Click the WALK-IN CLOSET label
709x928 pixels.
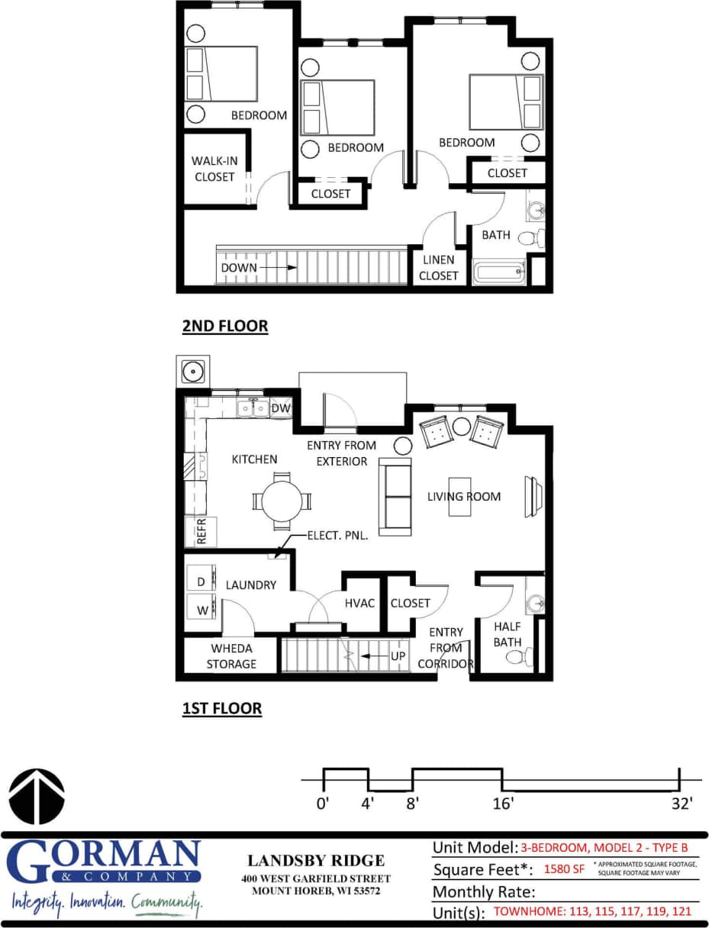[214, 169]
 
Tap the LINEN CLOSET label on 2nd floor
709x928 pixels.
[438, 268]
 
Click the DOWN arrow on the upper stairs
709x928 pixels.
[292, 268]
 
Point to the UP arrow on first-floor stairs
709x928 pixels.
[373, 656]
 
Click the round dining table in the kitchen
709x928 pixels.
[282, 501]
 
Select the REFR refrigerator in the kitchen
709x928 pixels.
[201, 531]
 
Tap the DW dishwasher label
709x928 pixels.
[280, 408]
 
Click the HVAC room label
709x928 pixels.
[360, 603]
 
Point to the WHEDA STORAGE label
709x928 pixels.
[231, 656]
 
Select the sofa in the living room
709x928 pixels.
[395, 497]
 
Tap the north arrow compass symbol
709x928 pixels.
[36, 797]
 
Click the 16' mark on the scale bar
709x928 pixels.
[502, 803]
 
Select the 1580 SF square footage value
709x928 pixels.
[563, 869]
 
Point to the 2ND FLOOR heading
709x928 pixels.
[225, 326]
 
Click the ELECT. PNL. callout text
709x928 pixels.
[337, 536]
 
